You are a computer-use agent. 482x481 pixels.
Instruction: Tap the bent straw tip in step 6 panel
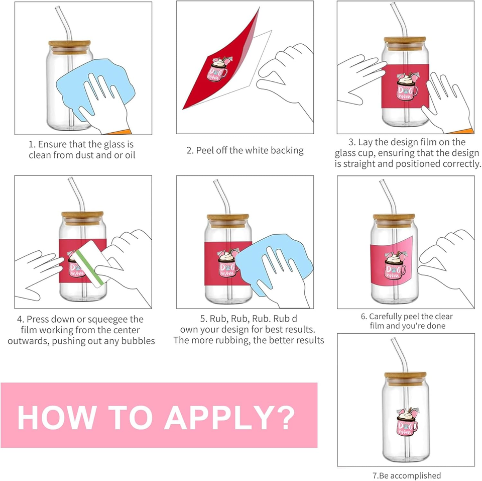click(x=381, y=181)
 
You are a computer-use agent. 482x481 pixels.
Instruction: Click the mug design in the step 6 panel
click(x=395, y=264)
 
